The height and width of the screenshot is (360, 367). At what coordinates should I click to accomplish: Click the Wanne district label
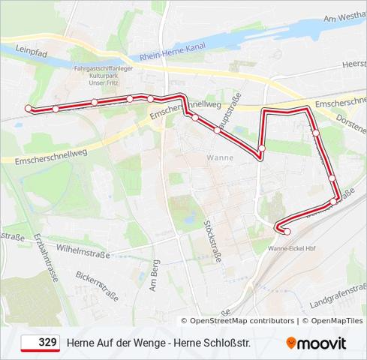pos(220,157)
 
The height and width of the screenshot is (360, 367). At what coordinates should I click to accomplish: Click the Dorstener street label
pos(350,118)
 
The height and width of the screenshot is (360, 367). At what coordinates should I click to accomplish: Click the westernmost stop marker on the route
pos(29,109)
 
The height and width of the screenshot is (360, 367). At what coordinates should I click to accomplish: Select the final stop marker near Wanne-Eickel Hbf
pos(287,232)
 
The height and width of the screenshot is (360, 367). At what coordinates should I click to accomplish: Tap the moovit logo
pos(316,343)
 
